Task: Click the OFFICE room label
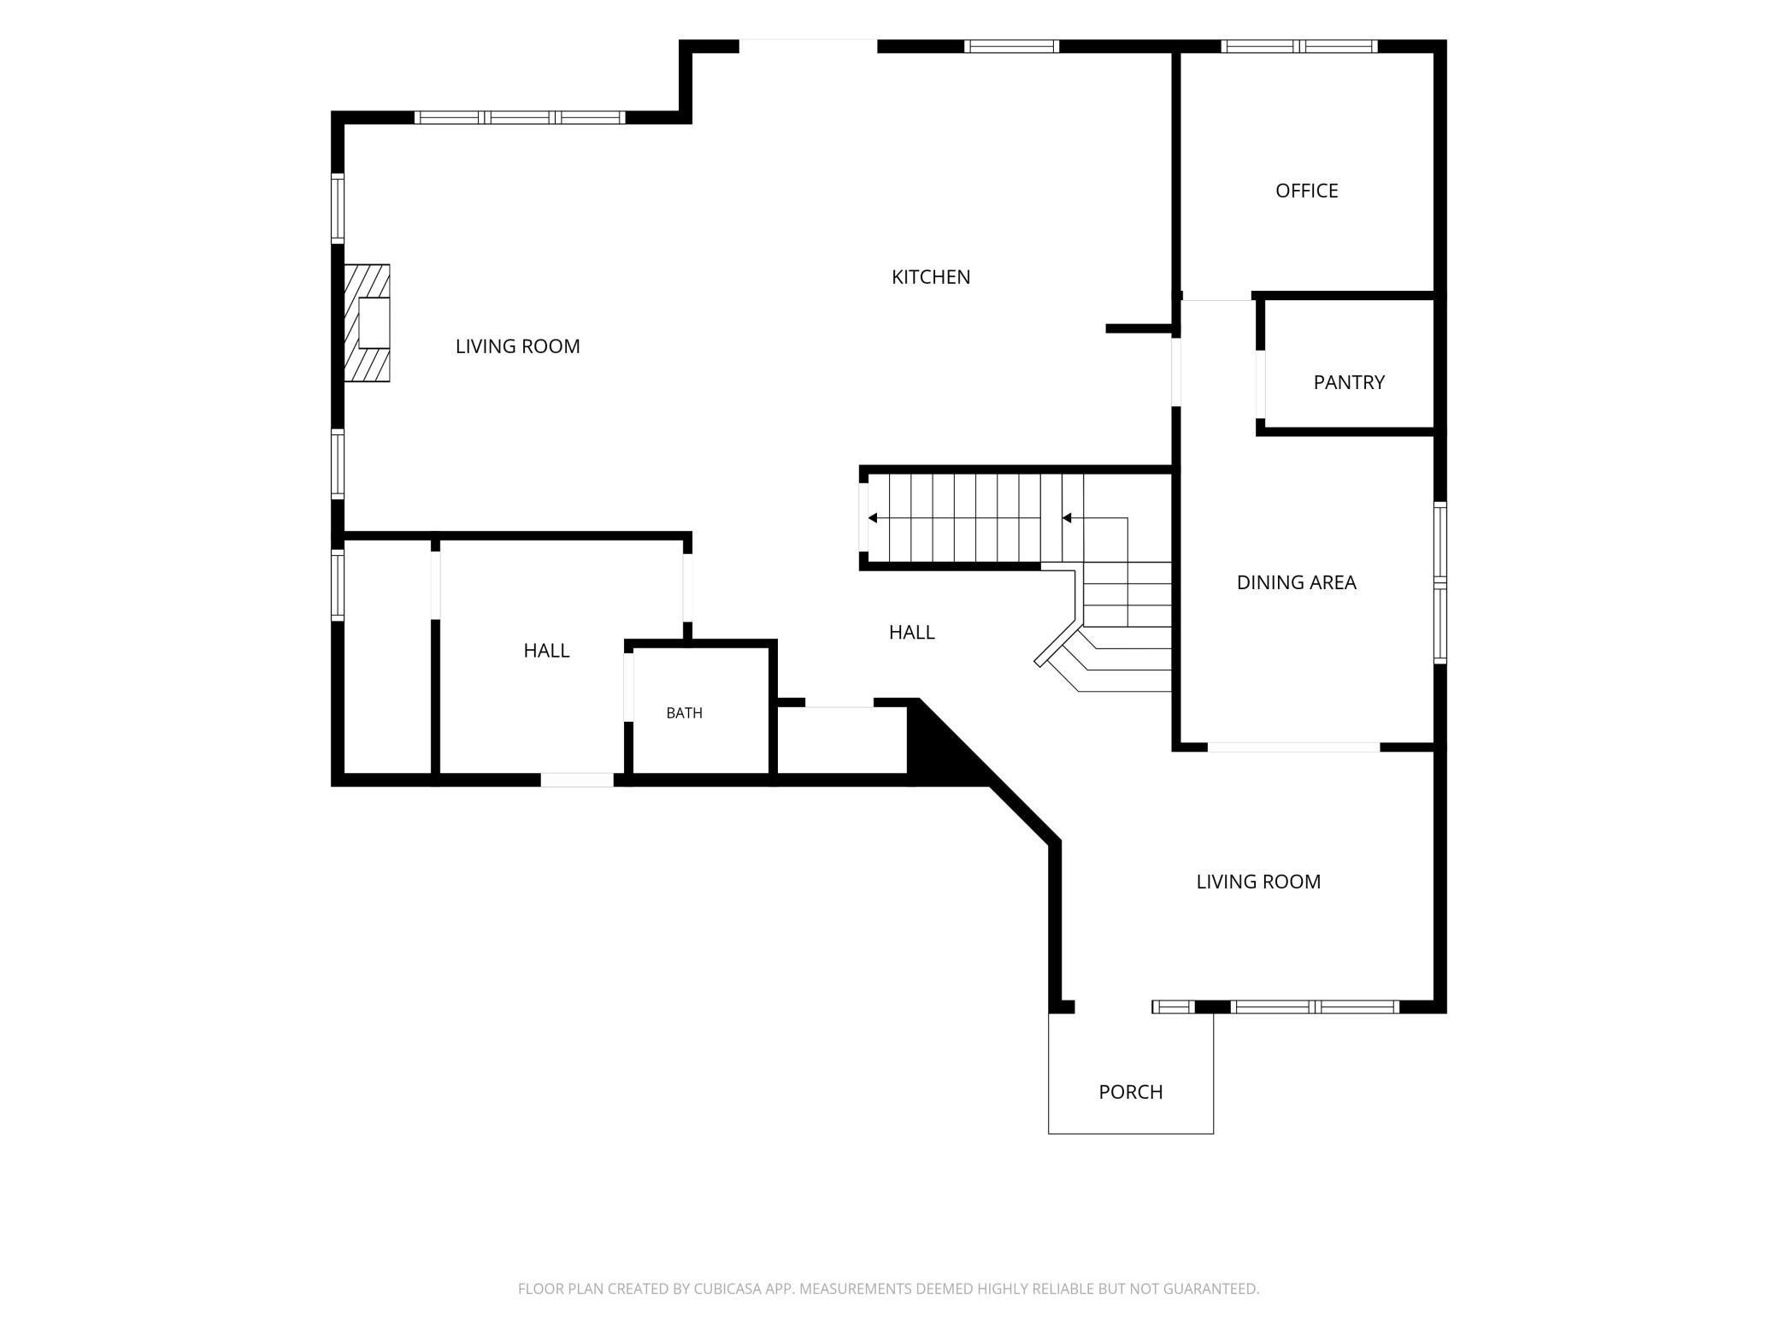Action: (x=1306, y=191)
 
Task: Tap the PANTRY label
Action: (x=1349, y=382)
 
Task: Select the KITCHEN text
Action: (x=931, y=277)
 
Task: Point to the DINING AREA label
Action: (x=1296, y=582)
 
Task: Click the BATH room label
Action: (x=684, y=713)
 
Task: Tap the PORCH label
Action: (x=1130, y=1092)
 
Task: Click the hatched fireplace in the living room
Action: (x=367, y=323)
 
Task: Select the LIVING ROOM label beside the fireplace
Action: (x=517, y=346)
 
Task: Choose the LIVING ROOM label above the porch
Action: (x=1258, y=882)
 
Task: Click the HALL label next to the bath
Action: (x=546, y=651)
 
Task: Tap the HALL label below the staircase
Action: (x=911, y=632)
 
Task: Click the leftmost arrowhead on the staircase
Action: (x=872, y=518)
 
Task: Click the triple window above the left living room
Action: (x=520, y=118)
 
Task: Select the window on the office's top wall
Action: (x=1298, y=46)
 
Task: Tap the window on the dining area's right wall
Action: (x=1440, y=582)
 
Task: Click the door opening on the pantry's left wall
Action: (x=1261, y=384)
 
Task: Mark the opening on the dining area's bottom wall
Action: (x=1293, y=747)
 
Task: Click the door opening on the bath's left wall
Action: (x=629, y=687)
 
